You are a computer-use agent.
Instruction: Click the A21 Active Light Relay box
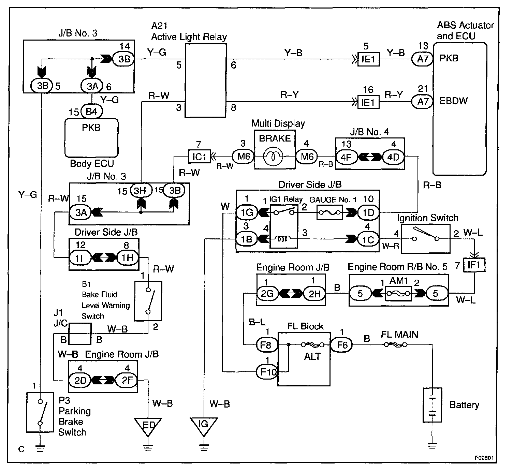click(206, 80)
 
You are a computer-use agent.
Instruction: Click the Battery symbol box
click(432, 405)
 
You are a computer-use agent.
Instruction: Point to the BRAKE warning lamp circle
click(273, 157)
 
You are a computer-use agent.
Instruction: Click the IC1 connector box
click(200, 156)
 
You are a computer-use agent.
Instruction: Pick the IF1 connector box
click(474, 265)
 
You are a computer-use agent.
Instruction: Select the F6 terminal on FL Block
click(341, 345)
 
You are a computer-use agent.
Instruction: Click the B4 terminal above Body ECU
click(91, 111)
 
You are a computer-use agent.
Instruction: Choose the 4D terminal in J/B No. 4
click(393, 157)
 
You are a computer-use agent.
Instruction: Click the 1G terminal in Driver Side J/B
click(247, 212)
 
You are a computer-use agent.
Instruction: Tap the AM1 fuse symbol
click(398, 294)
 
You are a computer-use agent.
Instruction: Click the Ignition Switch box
click(426, 239)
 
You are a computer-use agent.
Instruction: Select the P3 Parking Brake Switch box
click(40, 412)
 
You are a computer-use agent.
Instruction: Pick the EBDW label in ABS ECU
click(453, 101)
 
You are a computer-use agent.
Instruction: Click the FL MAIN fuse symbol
click(395, 345)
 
